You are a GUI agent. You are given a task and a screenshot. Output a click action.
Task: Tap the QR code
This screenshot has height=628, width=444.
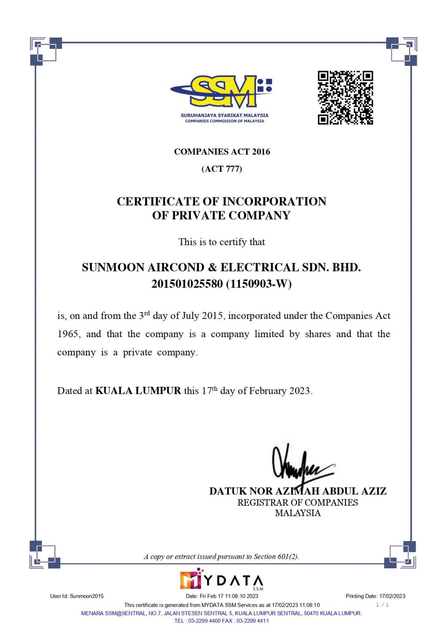click(x=345, y=98)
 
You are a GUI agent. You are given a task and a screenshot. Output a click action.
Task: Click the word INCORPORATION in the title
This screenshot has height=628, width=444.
click(x=274, y=202)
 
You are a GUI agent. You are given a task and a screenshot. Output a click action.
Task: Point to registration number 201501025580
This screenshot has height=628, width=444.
click(x=187, y=284)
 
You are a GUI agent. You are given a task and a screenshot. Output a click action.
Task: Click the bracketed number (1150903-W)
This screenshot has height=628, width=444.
click(x=259, y=284)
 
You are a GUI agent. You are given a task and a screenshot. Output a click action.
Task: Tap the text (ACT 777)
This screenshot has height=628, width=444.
click(x=222, y=169)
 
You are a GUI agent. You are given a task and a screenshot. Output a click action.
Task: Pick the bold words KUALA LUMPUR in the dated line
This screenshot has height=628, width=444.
click(x=138, y=391)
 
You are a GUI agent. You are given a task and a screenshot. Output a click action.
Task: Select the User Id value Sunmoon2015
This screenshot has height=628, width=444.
click(x=87, y=596)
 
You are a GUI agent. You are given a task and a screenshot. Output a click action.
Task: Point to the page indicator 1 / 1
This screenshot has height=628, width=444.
click(x=382, y=604)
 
